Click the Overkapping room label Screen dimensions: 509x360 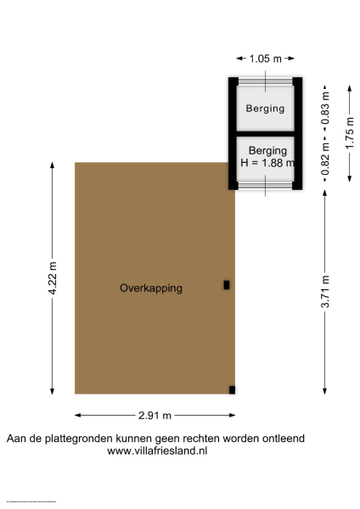(151, 288)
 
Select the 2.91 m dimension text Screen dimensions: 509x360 (155, 416)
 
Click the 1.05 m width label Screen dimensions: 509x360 (265, 59)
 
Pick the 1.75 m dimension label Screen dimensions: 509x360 (350, 131)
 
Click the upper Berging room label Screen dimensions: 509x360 (265, 109)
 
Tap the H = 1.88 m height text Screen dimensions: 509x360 (267, 164)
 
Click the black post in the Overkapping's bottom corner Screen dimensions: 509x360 (232, 389)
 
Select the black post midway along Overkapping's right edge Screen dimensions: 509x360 (227, 285)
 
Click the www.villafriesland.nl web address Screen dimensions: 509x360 (157, 451)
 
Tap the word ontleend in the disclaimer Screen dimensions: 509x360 (281, 439)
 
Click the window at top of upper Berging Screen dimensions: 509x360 (265, 81)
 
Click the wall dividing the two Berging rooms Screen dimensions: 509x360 (265, 134)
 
